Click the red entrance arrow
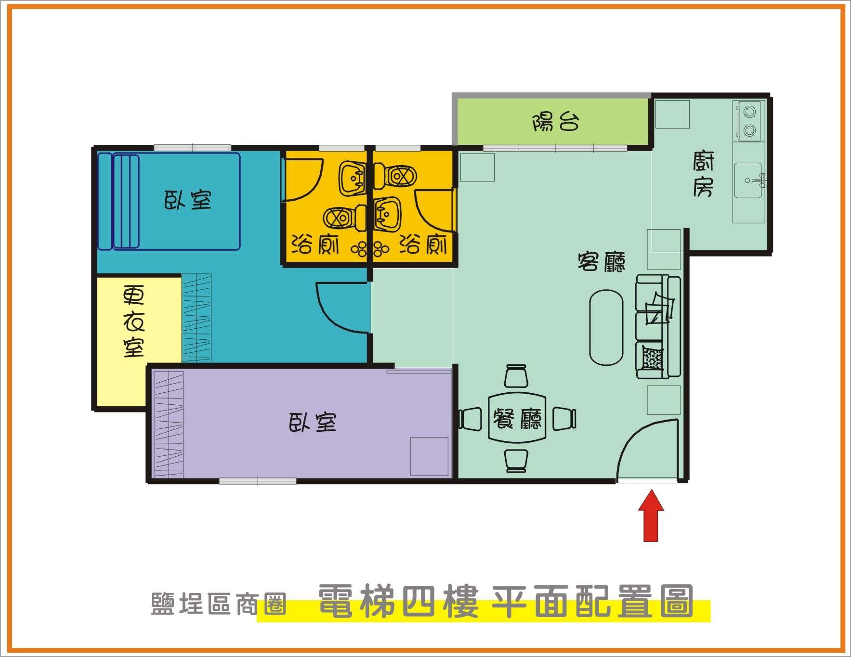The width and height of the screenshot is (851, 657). point(651,515)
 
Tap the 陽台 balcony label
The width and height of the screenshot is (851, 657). point(555,122)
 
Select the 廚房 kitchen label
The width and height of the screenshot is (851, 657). point(704,174)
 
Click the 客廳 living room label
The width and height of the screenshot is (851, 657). point(601,261)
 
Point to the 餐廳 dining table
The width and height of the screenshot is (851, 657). point(517,418)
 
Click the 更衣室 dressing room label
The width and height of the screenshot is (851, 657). point(133,322)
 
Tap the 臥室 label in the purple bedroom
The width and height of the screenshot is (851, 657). point(313,422)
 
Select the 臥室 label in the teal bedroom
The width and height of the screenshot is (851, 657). point(188,199)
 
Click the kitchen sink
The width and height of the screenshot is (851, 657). point(748,180)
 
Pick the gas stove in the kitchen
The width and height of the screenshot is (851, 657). point(748,121)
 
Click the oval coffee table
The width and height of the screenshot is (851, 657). point(606,327)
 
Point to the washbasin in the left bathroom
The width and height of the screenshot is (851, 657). point(353,178)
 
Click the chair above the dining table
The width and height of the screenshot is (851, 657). point(516,376)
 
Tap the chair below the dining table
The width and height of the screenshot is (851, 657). point(516,461)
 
